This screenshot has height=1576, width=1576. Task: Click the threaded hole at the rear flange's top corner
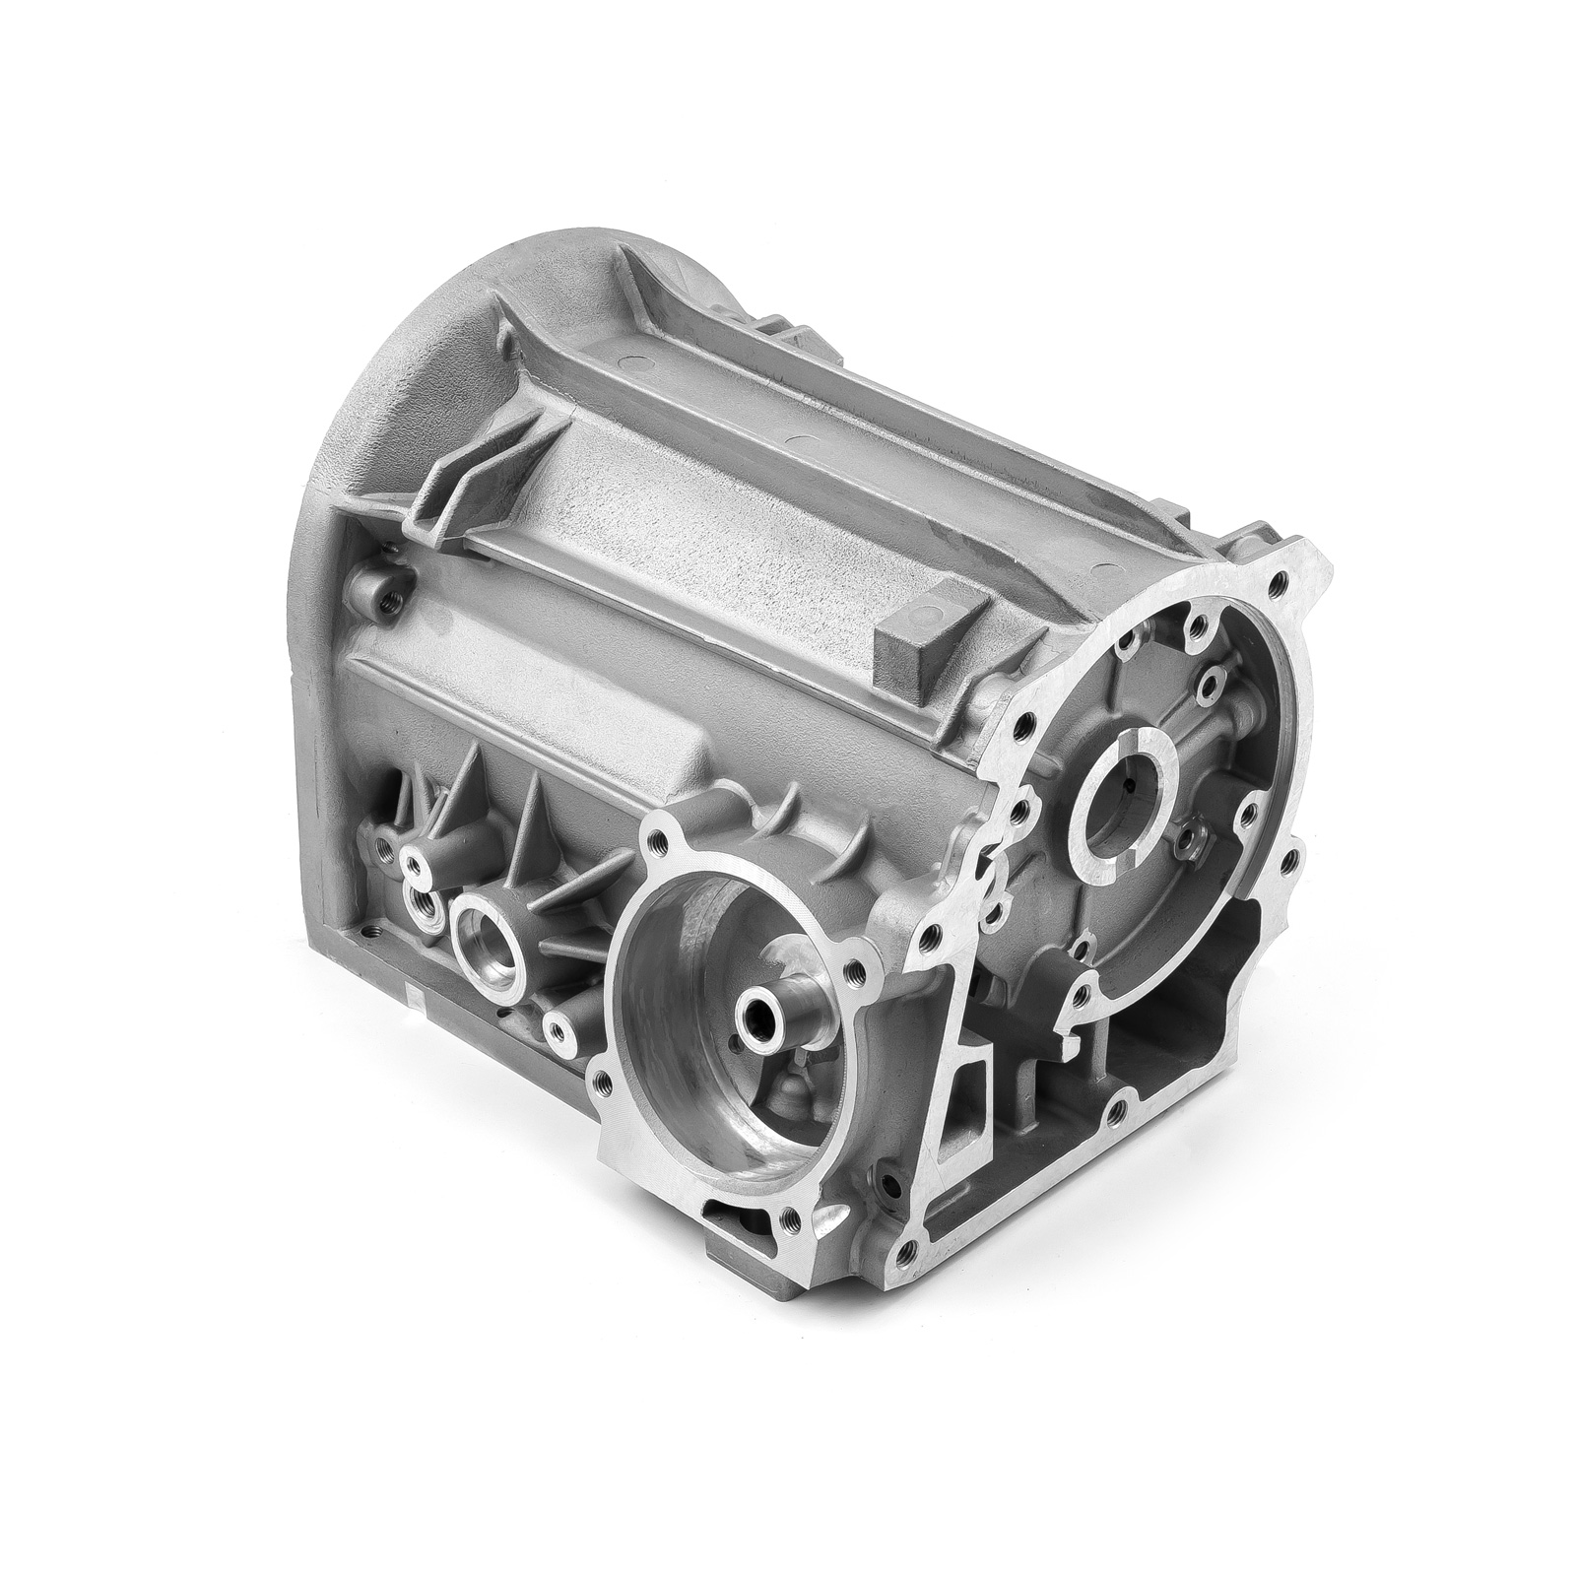coord(1279,585)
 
